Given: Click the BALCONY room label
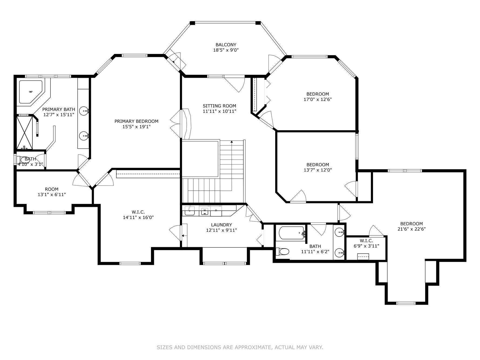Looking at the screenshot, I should pyautogui.click(x=226, y=45).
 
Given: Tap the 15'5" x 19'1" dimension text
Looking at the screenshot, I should pyautogui.click(x=136, y=127).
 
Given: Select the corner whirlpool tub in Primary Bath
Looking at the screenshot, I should pyautogui.click(x=30, y=92).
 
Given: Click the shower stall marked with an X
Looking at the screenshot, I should pyautogui.click(x=24, y=132).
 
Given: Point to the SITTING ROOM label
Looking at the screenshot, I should pyautogui.click(x=219, y=106).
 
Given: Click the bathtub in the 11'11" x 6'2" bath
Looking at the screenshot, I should pyautogui.click(x=291, y=233).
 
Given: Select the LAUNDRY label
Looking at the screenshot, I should pyautogui.click(x=221, y=225).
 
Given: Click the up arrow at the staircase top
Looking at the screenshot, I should pyautogui.click(x=231, y=141).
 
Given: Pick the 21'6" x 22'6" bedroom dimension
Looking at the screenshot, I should pyautogui.click(x=411, y=229).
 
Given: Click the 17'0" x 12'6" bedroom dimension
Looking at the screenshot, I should pyautogui.click(x=318, y=99).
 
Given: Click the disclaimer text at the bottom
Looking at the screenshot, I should pyautogui.click(x=240, y=347).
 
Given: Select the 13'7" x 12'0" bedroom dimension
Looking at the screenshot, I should pyautogui.click(x=318, y=170).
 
